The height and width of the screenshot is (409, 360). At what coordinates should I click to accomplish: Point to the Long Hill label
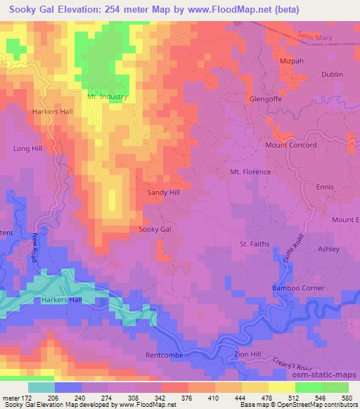pos(29,149)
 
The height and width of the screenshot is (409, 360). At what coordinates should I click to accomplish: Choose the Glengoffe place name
pos(266,99)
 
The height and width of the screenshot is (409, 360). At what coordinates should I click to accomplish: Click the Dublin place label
pos(332,74)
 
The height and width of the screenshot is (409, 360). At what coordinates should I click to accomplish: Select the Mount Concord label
pos(291,145)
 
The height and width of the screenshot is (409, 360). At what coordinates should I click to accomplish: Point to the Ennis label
pos(325,187)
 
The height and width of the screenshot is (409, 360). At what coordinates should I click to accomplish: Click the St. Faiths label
pos(255,244)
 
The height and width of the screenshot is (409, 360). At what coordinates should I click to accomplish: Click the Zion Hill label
pos(252,356)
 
